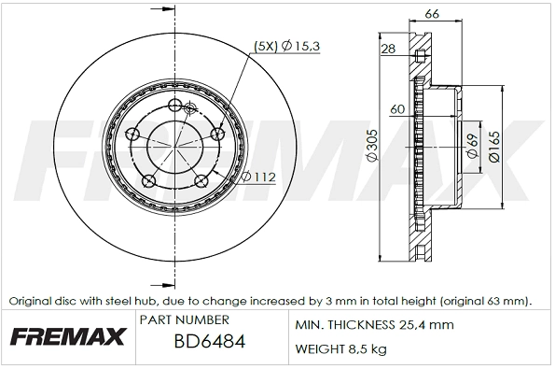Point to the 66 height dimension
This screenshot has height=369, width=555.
(431, 13)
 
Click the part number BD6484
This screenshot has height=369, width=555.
(209, 342)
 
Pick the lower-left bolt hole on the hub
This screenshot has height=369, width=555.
(147, 180)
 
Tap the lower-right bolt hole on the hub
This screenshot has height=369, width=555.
(201, 180)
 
